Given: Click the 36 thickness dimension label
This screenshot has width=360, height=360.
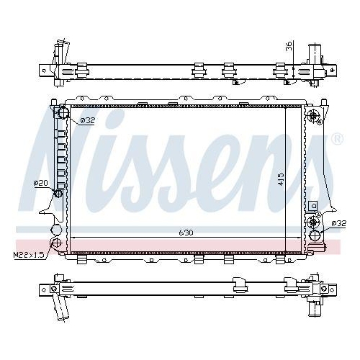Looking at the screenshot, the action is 289,46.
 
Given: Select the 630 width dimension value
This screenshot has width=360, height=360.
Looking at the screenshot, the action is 186,233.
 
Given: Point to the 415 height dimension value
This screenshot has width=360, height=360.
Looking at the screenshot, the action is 281,179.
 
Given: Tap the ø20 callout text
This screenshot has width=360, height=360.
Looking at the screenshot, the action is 40,183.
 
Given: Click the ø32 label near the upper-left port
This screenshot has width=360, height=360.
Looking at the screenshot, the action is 87,120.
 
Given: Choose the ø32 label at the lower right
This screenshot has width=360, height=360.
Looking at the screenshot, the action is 339,224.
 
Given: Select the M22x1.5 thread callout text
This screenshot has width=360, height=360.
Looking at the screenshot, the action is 29,255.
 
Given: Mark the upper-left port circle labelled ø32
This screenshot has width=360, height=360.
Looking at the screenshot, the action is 63,112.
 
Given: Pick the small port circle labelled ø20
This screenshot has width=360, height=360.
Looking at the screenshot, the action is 58,193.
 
